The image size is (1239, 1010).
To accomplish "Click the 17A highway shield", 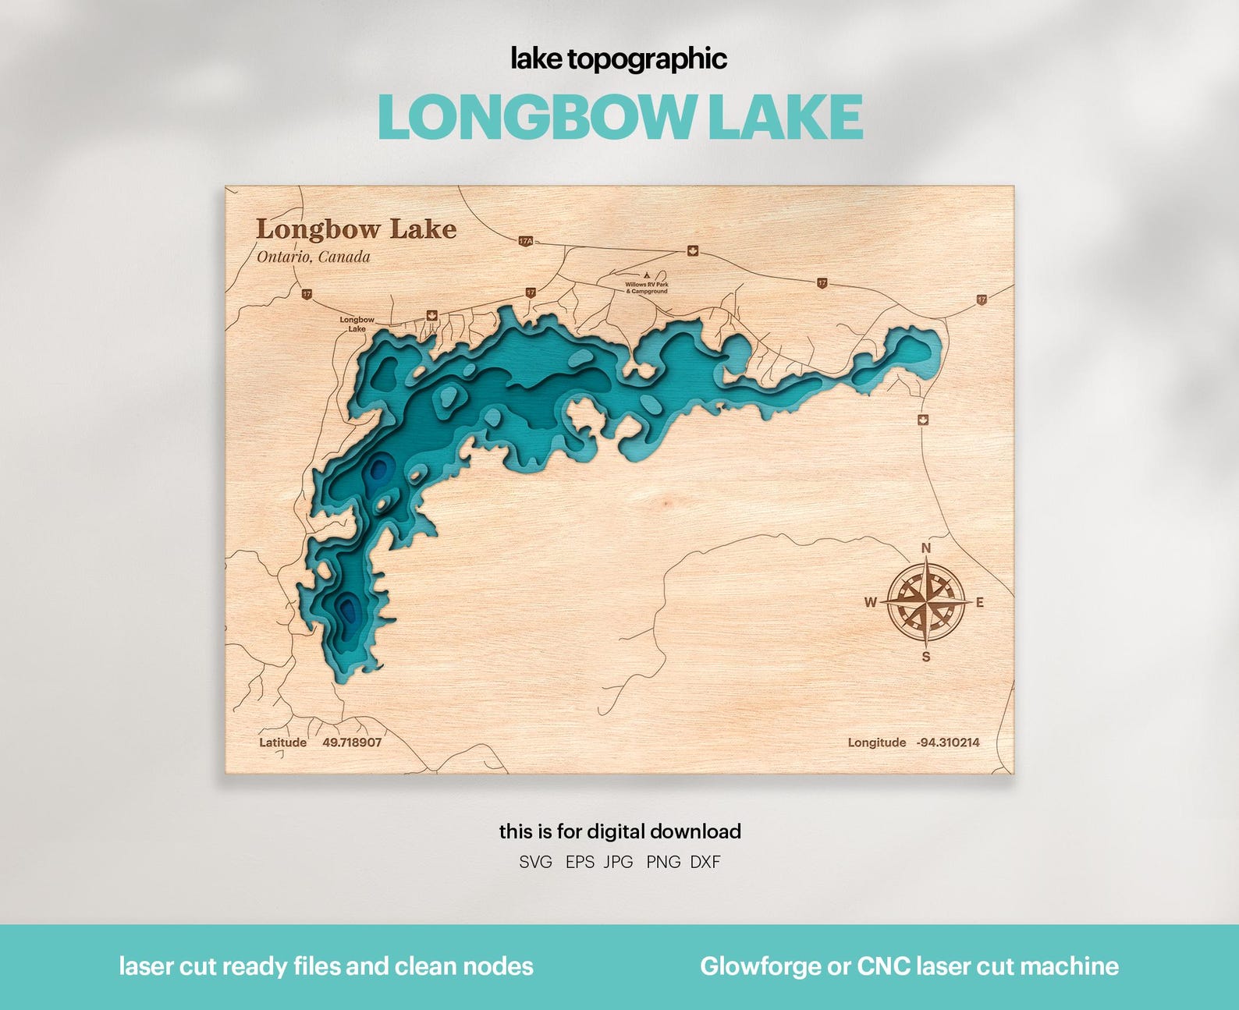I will tap(525, 241).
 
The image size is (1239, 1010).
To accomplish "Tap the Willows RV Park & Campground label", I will tap(647, 288).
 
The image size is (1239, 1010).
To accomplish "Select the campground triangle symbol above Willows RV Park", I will tap(647, 275).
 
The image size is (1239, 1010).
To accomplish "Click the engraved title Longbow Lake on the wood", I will tap(357, 229).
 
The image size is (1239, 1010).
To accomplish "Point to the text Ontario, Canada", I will tap(314, 257).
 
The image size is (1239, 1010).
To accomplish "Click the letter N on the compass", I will tap(926, 548).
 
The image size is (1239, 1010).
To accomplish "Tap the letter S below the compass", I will tap(926, 657).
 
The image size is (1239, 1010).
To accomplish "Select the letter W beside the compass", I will tap(871, 602).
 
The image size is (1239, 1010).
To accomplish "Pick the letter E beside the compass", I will tap(980, 602).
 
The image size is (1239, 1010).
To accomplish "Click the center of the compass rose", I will tap(926, 602).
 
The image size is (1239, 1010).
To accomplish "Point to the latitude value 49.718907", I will tap(352, 742).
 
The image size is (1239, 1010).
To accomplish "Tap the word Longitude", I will tap(877, 742).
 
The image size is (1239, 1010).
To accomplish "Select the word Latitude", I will tap(282, 742).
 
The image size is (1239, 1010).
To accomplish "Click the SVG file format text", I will tap(536, 862).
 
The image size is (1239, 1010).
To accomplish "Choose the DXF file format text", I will tap(705, 862).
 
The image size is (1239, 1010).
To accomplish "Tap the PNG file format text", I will tap(663, 862).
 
